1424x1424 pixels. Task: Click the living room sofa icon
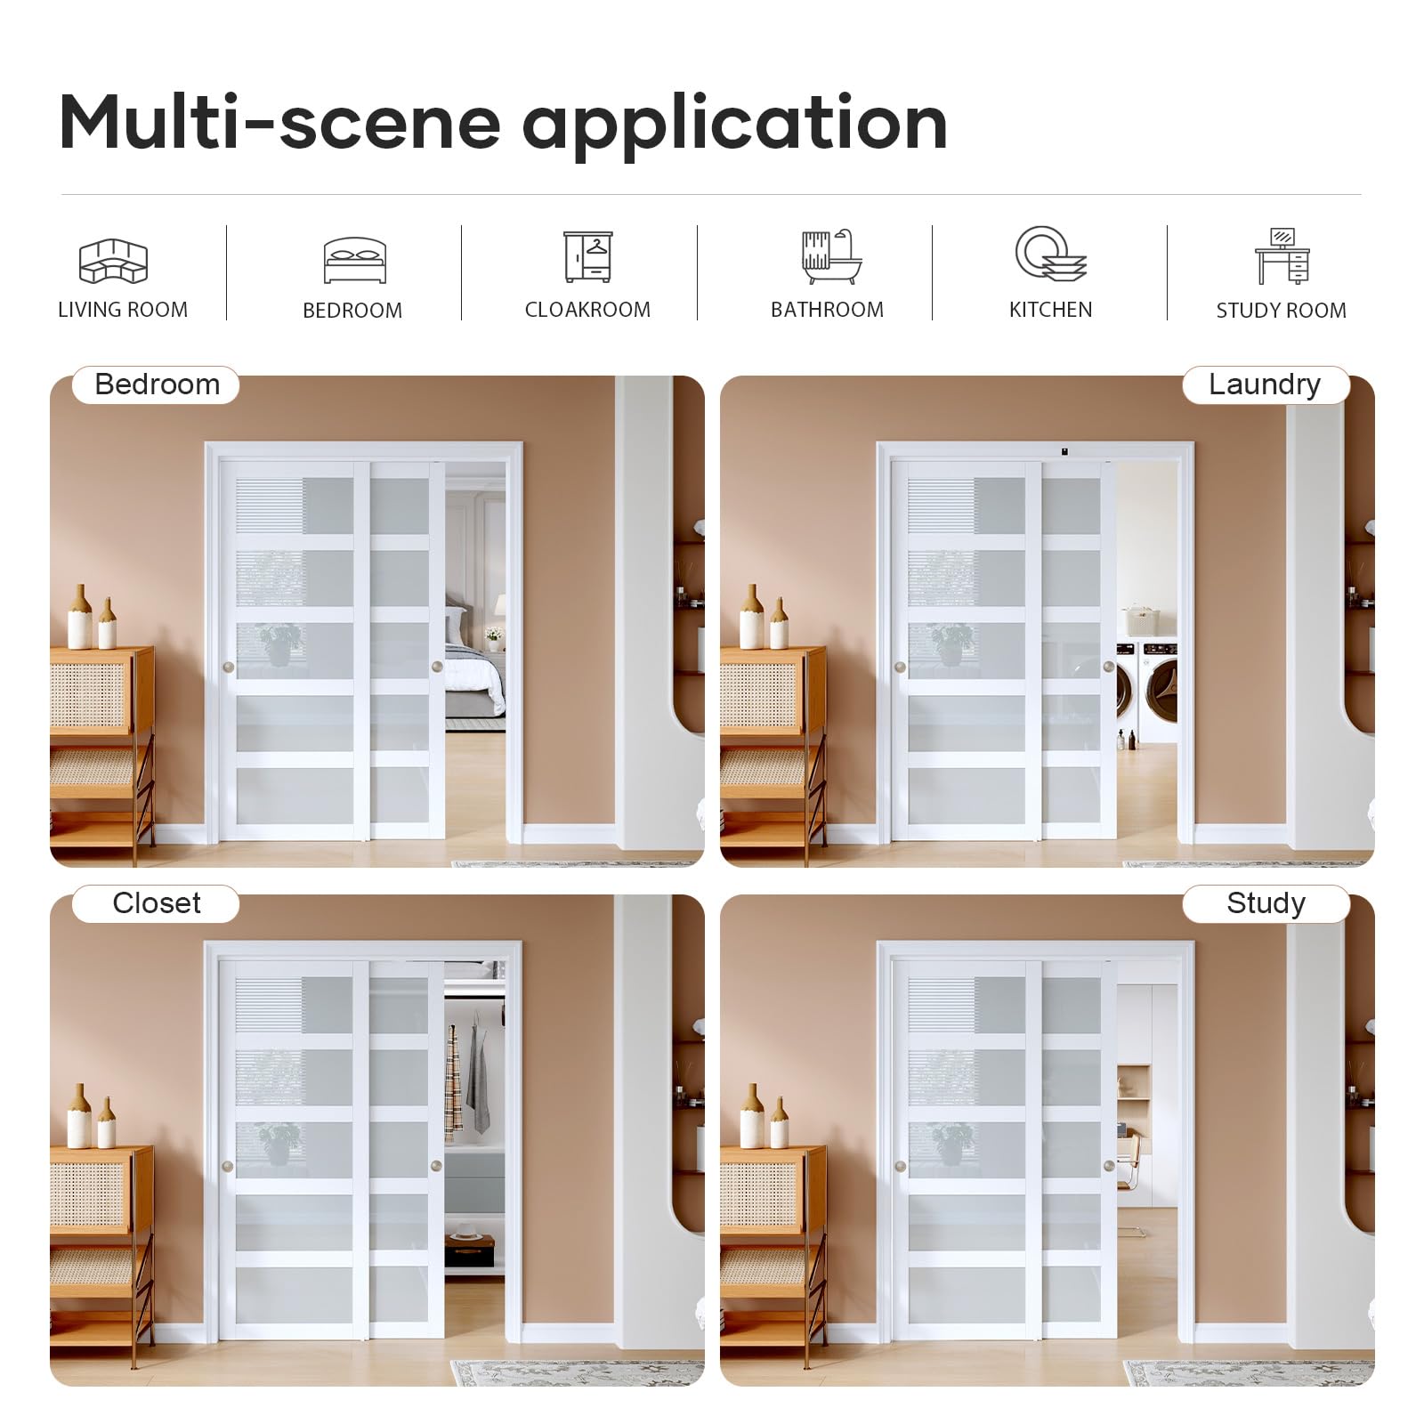coord(114,261)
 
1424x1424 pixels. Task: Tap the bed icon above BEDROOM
coord(355,261)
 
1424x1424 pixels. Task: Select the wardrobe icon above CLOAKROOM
coord(588,256)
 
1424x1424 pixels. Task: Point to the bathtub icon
coord(831,257)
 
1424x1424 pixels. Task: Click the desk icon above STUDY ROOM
coord(1282,255)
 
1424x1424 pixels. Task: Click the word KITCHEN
coord(1050,310)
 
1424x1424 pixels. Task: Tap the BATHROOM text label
coord(827,310)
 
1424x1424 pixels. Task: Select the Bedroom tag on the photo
coord(156,384)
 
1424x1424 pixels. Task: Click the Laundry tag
coord(1266,384)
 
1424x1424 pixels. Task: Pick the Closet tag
coord(156,903)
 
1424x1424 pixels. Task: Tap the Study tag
coord(1266,903)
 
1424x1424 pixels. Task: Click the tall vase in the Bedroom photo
coord(80,616)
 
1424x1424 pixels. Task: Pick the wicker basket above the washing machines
coord(1139,619)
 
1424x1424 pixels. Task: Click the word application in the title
coord(735,125)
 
